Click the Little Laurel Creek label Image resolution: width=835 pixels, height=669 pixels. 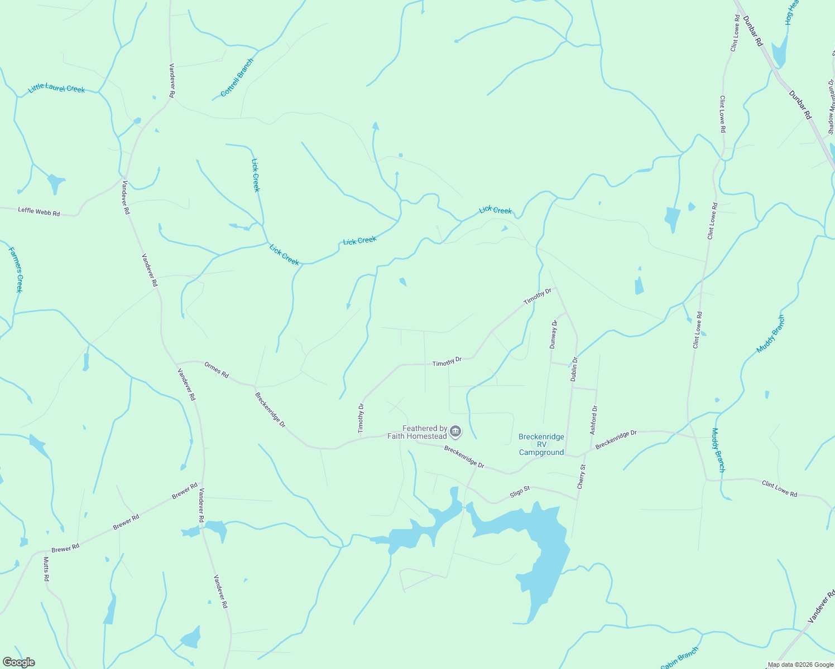(x=56, y=88)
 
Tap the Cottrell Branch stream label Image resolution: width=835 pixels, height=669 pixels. (x=237, y=77)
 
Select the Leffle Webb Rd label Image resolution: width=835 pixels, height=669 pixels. (x=39, y=211)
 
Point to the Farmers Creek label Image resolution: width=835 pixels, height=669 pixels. (x=16, y=270)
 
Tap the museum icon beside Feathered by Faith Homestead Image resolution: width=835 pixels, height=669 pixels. (x=455, y=432)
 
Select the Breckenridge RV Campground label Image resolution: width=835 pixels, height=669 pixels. (x=541, y=444)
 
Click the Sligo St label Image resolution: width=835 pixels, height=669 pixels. (x=520, y=492)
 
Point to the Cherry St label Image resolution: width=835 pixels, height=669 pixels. (x=582, y=477)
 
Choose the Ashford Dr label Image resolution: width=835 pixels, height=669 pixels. (x=593, y=420)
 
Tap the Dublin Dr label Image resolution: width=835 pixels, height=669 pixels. (x=574, y=369)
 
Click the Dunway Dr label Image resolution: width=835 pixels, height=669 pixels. (x=553, y=334)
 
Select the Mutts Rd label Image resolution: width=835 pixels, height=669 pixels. (x=46, y=569)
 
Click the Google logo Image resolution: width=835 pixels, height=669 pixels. (x=18, y=662)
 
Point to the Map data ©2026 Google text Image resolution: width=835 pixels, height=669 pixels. (x=800, y=665)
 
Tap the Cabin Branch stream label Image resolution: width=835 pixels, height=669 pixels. (x=679, y=658)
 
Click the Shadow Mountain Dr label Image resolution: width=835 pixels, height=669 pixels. (x=831, y=106)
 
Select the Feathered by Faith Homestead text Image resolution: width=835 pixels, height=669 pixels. (x=417, y=432)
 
